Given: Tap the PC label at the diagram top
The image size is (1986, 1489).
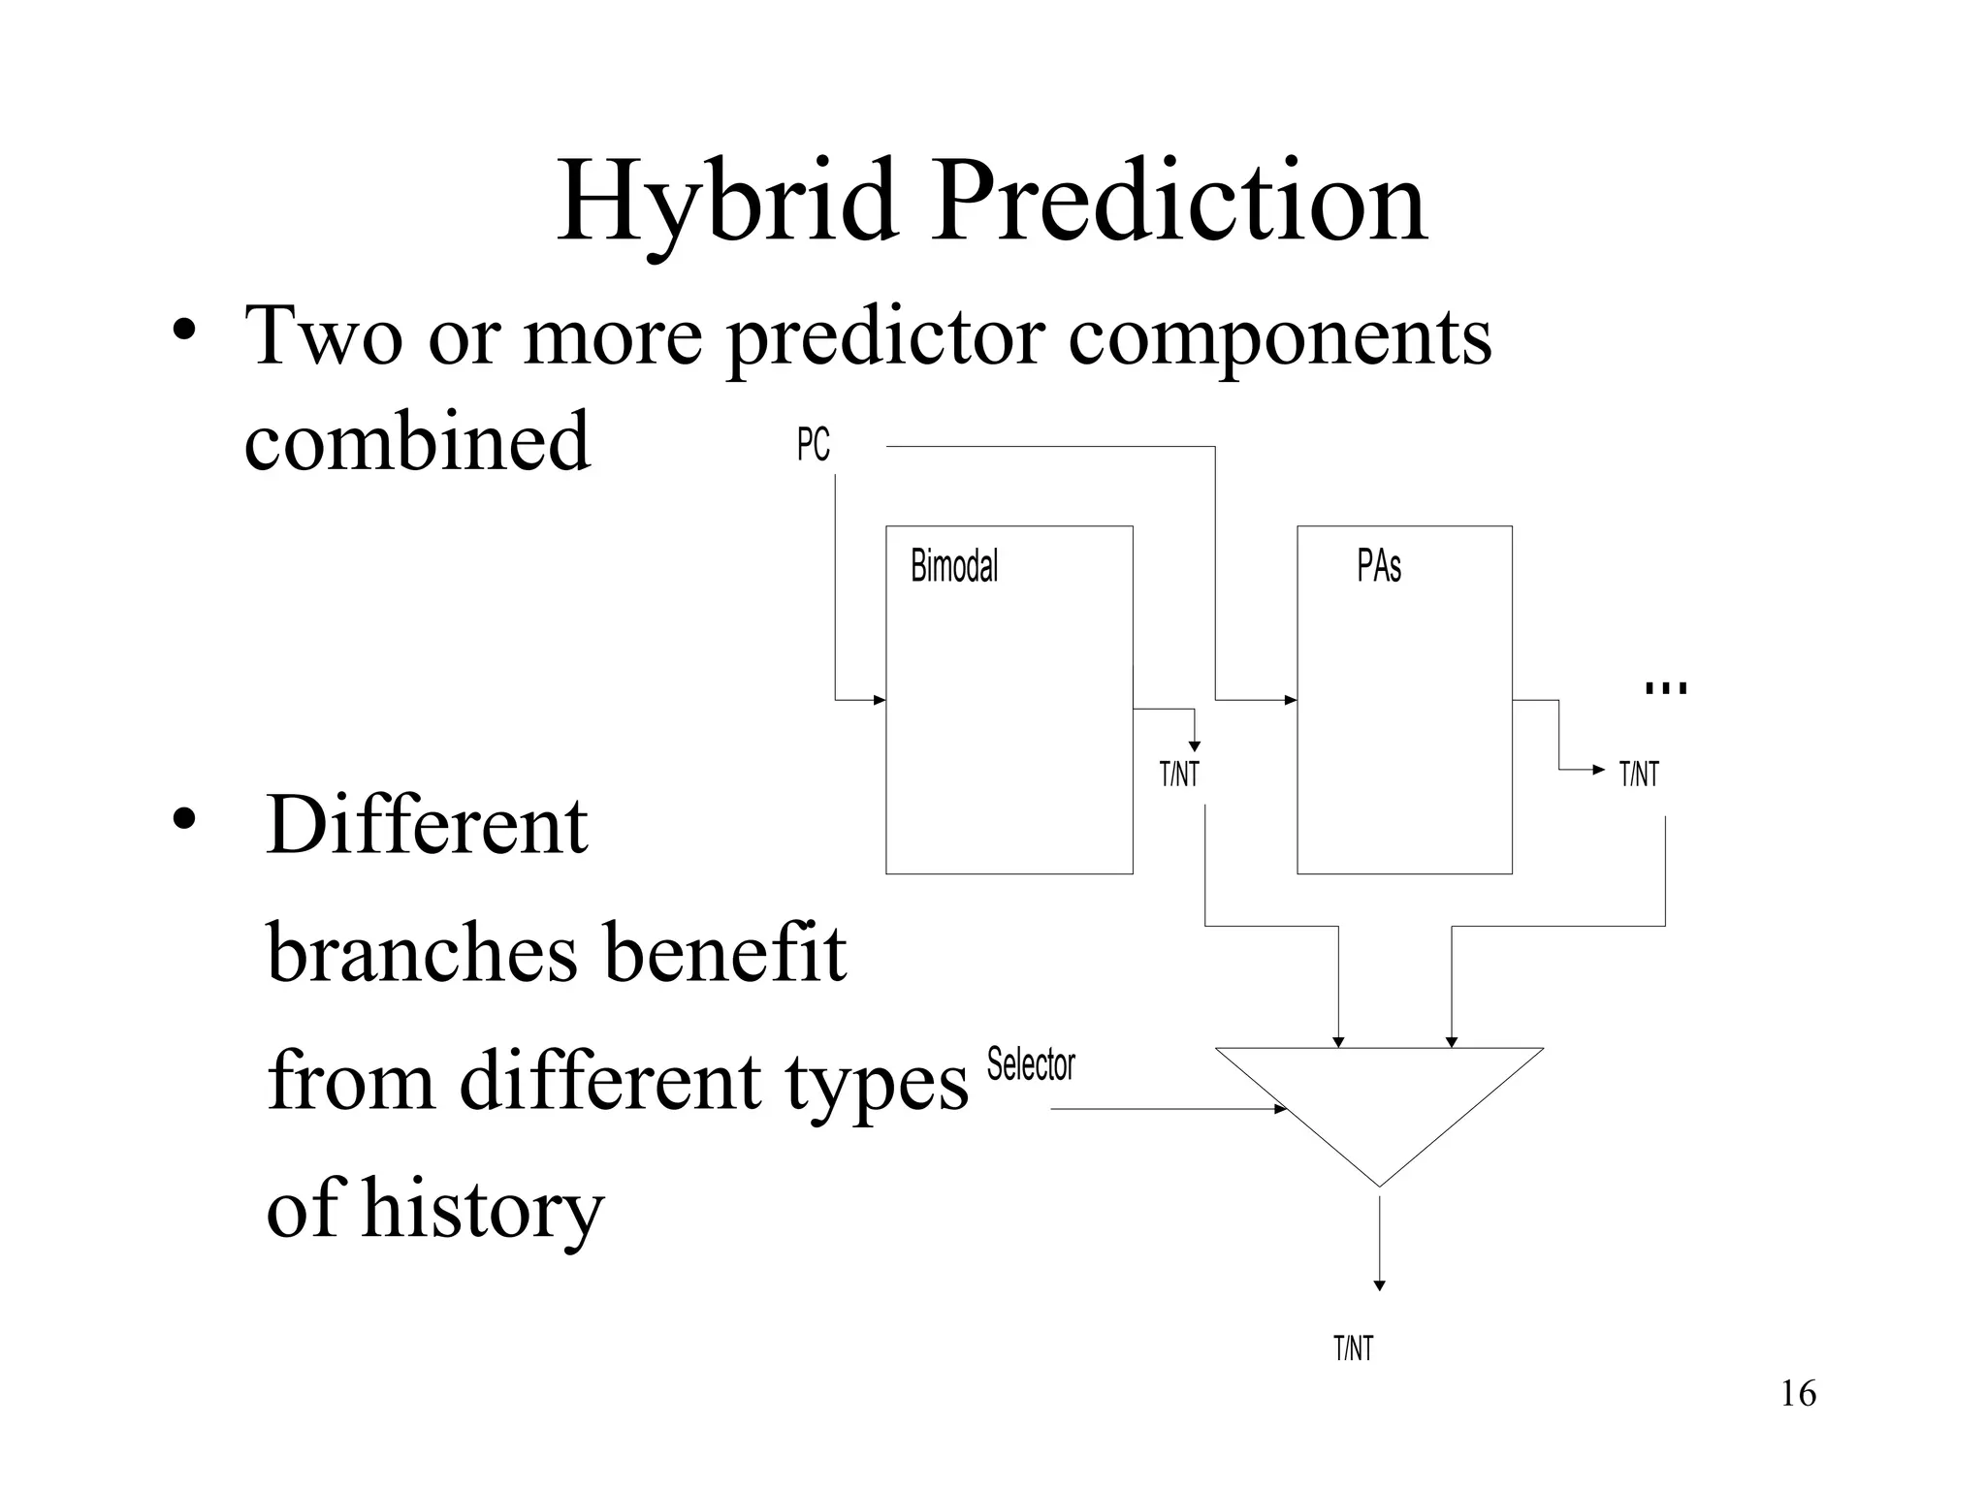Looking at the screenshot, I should point(813,445).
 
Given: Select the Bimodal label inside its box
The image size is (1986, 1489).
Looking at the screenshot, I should point(954,566).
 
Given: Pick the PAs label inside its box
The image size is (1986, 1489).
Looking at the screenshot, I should point(1378,566).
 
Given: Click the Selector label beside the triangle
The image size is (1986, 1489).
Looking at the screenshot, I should point(1031,1065).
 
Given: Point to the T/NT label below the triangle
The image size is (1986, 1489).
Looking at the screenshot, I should point(1353,1348).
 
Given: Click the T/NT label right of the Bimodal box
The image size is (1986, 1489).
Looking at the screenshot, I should point(1179,775).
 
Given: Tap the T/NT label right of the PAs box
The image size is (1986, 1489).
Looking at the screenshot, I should point(1639,775).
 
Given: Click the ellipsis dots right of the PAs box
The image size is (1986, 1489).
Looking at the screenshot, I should point(1666,688).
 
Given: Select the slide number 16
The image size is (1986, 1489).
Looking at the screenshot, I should point(1798,1394).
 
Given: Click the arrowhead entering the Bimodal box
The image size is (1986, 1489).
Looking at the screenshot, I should point(880,700).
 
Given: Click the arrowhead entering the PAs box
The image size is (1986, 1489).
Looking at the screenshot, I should point(1291,700).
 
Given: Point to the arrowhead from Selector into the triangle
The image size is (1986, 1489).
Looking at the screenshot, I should point(1281,1109).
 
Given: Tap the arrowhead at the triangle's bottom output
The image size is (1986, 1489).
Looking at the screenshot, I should point(1379,1285).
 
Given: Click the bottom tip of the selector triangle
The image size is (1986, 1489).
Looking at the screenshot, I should point(1379,1185).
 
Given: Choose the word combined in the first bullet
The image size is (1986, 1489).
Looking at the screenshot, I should point(417,441).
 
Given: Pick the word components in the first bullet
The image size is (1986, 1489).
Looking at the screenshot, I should point(1279,336).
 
